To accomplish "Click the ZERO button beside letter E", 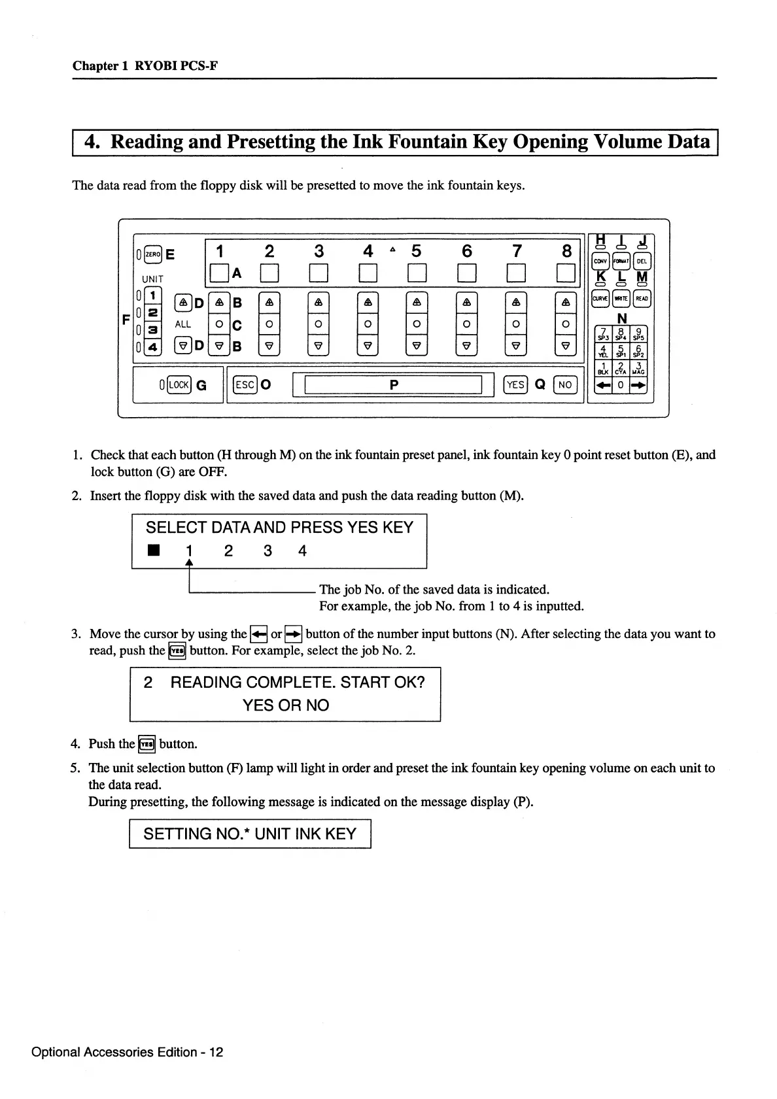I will (x=152, y=254).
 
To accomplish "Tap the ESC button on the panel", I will (x=245, y=384).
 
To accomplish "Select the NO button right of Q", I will (x=565, y=384).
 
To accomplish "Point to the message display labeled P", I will (x=393, y=385).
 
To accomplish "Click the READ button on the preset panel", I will (x=642, y=299).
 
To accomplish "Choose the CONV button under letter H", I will (x=600, y=261).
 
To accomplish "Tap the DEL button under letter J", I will (x=642, y=261).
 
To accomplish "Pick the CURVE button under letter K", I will (x=600, y=299).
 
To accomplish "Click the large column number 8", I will (x=566, y=251).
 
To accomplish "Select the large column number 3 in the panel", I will (x=319, y=251).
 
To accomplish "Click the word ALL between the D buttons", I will (x=183, y=324).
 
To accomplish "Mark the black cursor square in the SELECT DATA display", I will (x=153, y=550).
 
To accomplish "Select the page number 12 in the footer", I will (x=216, y=1052).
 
